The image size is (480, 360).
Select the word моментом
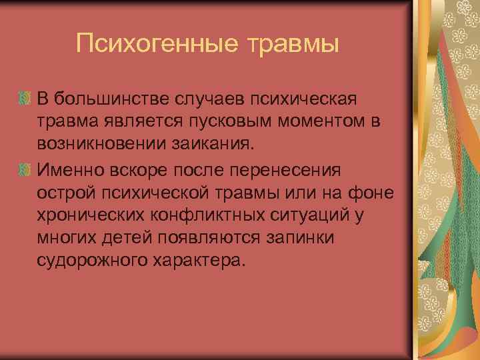[x=311, y=122]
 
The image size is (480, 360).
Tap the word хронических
[x=96, y=215]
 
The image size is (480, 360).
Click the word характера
[x=203, y=261]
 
